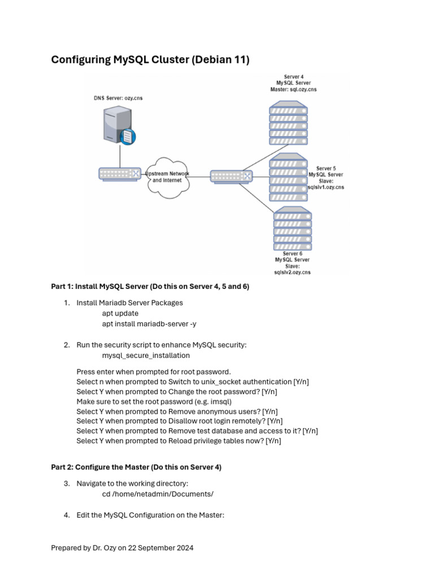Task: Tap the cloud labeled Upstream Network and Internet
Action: click(x=167, y=176)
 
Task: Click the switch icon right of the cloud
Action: click(x=231, y=176)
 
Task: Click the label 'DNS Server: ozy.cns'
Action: click(x=118, y=98)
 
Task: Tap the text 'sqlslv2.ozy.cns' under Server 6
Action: click(x=292, y=273)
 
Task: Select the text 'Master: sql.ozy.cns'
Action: click(x=293, y=89)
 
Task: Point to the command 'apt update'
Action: click(x=120, y=313)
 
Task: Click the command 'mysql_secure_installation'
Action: click(x=146, y=356)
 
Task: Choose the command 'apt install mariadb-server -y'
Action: click(x=149, y=324)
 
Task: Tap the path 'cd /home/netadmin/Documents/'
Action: click(x=158, y=494)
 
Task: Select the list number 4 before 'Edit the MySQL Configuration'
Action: click(x=66, y=515)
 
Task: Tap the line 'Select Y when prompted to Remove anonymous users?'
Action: click(x=177, y=411)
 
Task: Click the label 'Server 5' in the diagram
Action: click(x=326, y=168)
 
